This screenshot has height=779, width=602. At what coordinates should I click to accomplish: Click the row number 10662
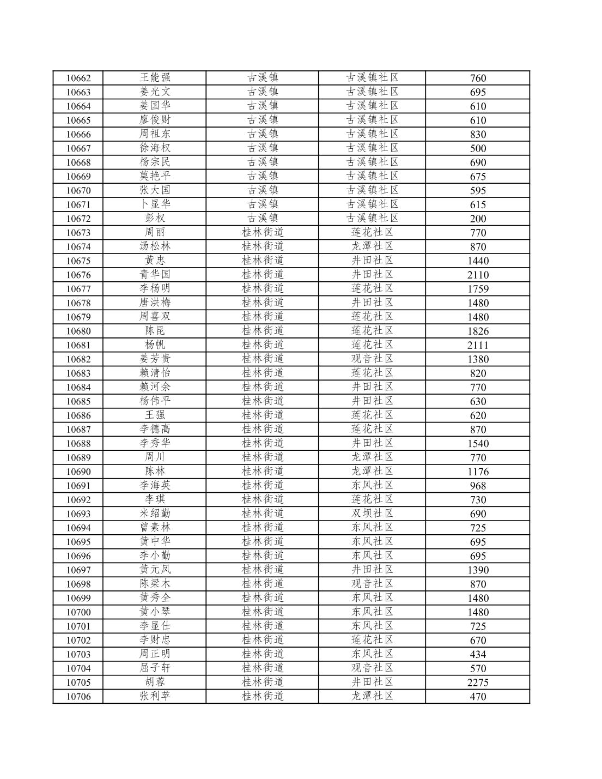tap(78, 78)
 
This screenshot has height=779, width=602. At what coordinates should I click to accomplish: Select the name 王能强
tap(155, 77)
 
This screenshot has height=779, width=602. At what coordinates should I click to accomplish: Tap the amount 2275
tap(478, 682)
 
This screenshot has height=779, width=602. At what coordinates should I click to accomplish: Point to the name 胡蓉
tap(155, 682)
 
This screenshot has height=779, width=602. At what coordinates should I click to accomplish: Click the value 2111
tap(478, 345)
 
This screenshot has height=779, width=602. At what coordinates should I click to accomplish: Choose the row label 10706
tap(78, 696)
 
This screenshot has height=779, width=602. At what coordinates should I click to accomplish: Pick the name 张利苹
tap(155, 696)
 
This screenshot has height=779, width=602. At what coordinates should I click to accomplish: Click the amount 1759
tap(478, 289)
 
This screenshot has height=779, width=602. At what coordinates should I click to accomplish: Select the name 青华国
tap(155, 275)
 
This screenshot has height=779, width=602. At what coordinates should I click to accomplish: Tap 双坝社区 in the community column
tap(372, 514)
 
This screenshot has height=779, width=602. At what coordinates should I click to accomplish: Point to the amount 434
tap(478, 654)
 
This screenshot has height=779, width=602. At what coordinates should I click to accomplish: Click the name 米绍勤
tap(155, 514)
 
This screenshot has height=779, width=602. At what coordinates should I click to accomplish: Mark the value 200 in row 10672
tap(478, 219)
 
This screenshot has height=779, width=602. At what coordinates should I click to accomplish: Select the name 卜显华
tap(155, 204)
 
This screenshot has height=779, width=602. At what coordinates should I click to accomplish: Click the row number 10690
tap(78, 472)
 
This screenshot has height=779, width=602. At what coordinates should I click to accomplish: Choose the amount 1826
tap(478, 331)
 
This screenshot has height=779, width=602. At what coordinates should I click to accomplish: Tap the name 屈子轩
tap(155, 668)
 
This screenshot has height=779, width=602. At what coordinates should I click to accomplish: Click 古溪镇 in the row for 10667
tap(263, 148)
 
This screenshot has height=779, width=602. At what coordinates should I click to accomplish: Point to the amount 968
tap(478, 486)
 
